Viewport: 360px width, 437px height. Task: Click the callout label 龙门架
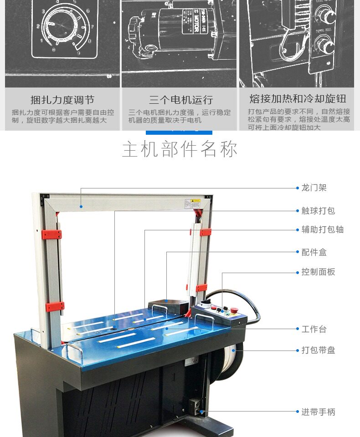pos(314,188)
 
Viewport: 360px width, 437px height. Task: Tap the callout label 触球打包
pos(318,211)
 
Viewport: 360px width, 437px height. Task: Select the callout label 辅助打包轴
pos(322,229)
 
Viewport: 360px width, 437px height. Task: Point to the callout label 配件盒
pos(314,252)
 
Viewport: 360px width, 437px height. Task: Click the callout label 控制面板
pos(318,272)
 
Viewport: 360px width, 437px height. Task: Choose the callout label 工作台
pos(314,329)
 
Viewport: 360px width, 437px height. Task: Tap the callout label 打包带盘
pos(318,350)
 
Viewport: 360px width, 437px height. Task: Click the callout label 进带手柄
pos(318,412)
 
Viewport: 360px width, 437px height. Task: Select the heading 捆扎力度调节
pos(62,100)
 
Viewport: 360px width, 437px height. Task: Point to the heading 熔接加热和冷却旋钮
pos(298,99)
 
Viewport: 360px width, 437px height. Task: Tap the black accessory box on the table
pos(168,305)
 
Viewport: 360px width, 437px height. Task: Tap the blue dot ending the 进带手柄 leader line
pos(201,412)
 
